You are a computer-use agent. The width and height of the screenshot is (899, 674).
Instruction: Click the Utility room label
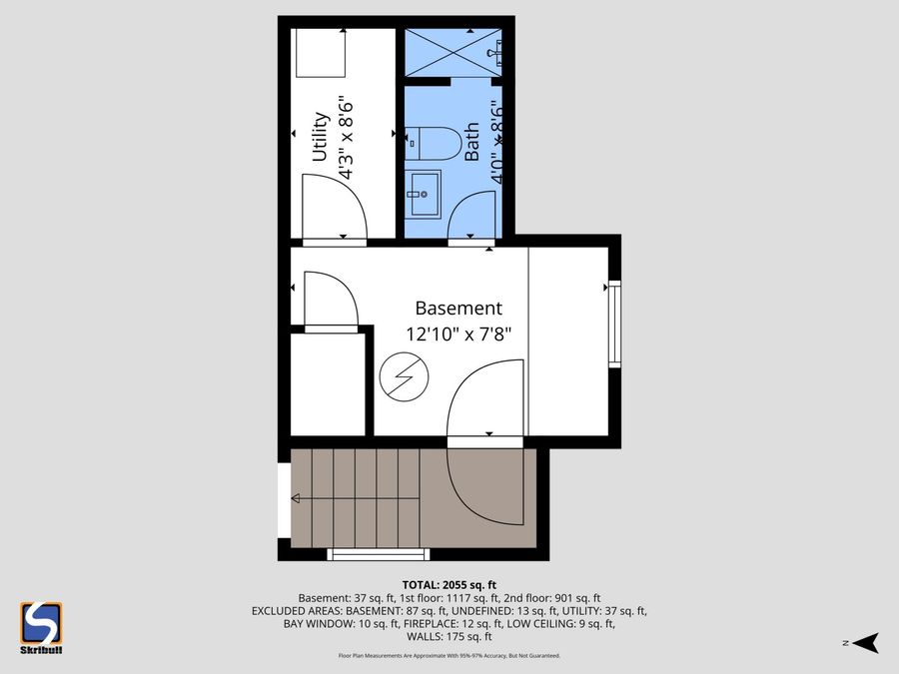click(320, 136)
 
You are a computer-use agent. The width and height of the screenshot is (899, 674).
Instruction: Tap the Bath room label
click(472, 141)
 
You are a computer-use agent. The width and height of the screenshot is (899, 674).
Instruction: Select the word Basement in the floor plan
click(458, 309)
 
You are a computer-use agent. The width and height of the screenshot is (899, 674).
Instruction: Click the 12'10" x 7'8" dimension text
click(458, 335)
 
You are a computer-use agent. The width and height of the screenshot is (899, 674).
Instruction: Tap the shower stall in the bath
click(452, 50)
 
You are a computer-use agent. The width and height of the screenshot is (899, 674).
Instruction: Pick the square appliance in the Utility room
click(320, 53)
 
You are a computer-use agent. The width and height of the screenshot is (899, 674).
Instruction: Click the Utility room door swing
click(335, 205)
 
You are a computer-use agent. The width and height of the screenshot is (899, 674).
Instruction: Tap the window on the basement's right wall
click(614, 324)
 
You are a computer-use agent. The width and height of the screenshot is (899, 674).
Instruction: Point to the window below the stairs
click(379, 554)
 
